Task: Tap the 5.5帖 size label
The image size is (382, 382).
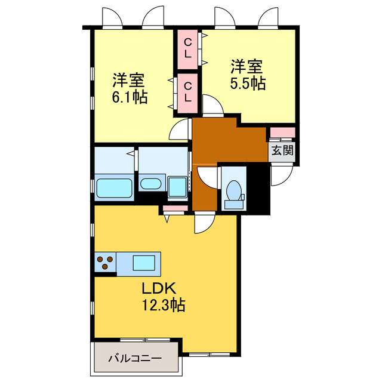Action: pos(248,84)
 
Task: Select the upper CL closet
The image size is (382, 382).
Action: pos(187,48)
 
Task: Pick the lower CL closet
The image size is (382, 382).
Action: pos(187,91)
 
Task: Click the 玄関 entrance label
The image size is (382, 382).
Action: pos(282,150)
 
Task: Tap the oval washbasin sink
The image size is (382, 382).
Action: pos(152,183)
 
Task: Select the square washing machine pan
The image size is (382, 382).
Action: pos(178,186)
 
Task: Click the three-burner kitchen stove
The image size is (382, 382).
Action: pos(106,263)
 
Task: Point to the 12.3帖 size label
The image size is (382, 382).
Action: pos(162,306)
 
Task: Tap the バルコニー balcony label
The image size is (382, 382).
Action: pos(135,359)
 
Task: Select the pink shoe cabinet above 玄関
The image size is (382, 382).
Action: pos(282,133)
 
